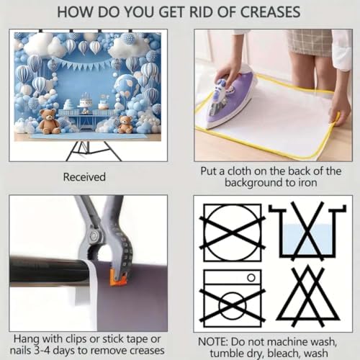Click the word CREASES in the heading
tap(270, 12)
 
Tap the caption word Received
tap(84, 177)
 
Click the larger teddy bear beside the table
tap(49, 121)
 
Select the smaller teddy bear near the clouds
tap(125, 125)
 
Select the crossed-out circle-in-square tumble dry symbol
tap(233, 233)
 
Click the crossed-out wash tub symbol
tap(308, 232)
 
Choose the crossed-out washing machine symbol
tap(233, 298)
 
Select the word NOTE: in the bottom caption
tap(212, 341)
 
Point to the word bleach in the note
tap(284, 353)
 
